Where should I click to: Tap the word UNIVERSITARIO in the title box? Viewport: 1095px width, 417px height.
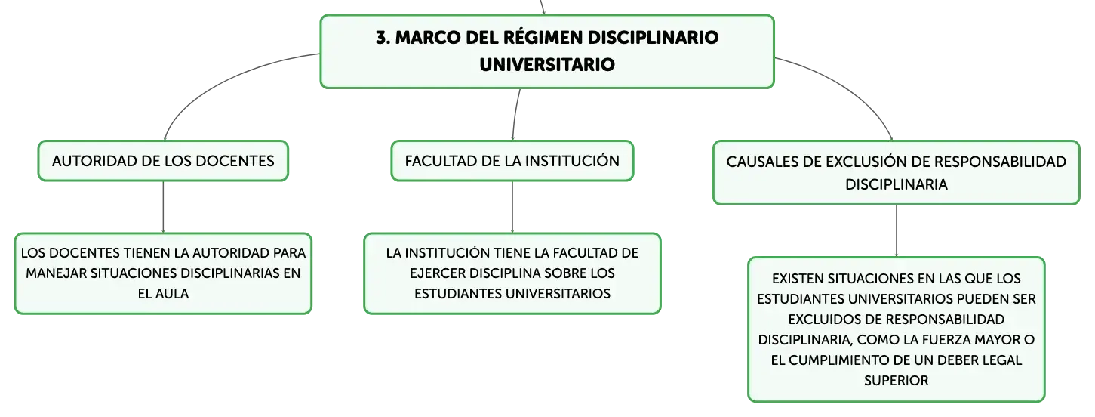tap(547, 65)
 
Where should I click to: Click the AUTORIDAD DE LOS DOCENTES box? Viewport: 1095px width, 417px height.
tap(163, 161)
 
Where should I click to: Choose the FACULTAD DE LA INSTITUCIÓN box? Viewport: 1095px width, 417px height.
tap(512, 161)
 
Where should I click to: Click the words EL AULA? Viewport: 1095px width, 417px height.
tap(163, 294)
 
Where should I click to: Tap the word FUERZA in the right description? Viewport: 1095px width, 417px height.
tap(943, 340)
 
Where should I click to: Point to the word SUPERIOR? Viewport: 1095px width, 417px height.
tap(896, 381)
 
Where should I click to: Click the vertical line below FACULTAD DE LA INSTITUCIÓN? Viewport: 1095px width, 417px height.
tap(512, 207)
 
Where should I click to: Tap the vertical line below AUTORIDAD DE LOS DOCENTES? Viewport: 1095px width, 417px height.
tap(163, 207)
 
